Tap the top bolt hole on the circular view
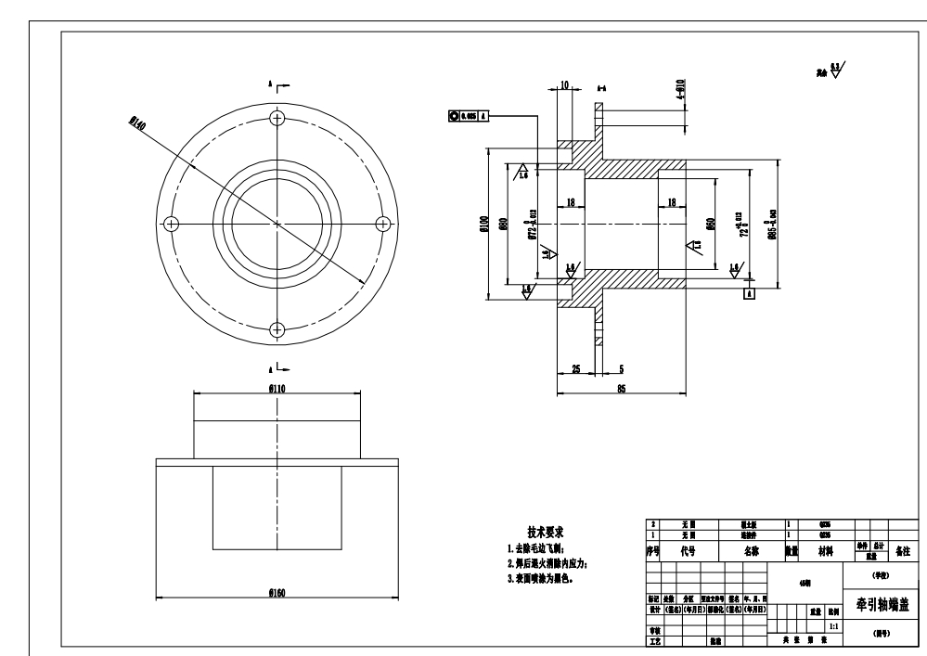(x=277, y=118)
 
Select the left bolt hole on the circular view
(x=171, y=223)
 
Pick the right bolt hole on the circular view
(x=382, y=223)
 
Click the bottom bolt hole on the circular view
(x=277, y=328)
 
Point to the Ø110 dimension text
(x=277, y=388)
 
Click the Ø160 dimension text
(x=277, y=592)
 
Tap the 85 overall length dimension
(x=620, y=388)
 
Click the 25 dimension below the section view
(x=576, y=368)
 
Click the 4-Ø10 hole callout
(x=680, y=89)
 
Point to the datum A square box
(x=748, y=293)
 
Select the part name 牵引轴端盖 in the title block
(x=882, y=605)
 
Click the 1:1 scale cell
(x=833, y=628)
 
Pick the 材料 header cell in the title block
(x=824, y=550)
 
